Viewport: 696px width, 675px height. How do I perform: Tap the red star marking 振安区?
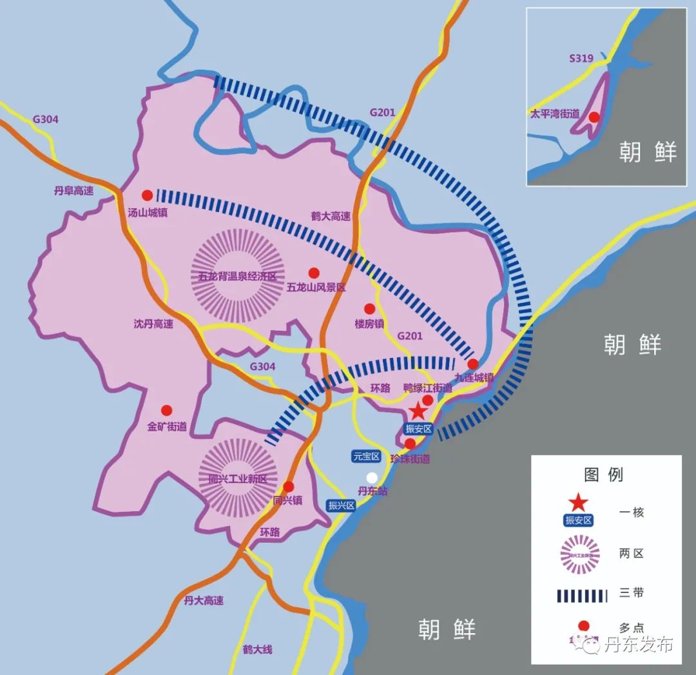point(418,409)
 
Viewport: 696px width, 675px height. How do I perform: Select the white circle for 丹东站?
point(371,478)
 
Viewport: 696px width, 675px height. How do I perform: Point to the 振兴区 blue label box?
point(342,505)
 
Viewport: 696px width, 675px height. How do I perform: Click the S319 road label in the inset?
point(581,59)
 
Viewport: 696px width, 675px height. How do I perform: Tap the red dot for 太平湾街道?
point(594,117)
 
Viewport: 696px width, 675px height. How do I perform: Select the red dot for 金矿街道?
point(166,410)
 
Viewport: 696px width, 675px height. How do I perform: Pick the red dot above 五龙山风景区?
point(314,273)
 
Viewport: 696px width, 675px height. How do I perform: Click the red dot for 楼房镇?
point(369,309)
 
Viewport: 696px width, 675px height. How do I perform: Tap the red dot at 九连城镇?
point(472,364)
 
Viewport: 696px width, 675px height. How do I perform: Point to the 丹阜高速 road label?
point(73,190)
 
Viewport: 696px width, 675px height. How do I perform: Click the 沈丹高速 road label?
point(153,324)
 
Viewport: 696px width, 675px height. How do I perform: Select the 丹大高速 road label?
point(204,600)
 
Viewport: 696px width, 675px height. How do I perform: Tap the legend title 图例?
point(603,475)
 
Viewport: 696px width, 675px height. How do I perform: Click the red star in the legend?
point(578,502)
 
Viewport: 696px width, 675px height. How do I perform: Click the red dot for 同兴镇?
point(288,486)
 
